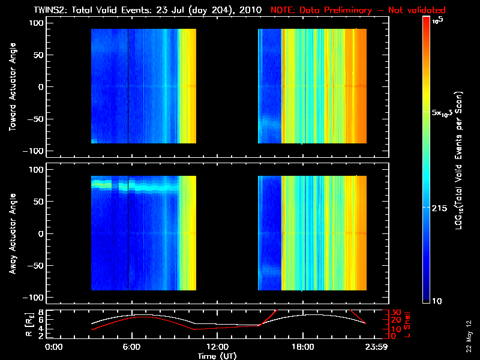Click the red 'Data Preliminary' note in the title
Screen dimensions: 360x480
(358, 10)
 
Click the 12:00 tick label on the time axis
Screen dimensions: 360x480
(217, 346)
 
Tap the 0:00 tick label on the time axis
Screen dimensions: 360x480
(54, 346)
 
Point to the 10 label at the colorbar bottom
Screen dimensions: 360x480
(437, 301)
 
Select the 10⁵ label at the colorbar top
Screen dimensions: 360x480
(438, 20)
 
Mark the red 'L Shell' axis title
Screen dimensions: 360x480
(407, 323)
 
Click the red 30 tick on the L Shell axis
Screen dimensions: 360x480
(395, 313)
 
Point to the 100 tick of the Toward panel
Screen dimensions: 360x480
(37, 22)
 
